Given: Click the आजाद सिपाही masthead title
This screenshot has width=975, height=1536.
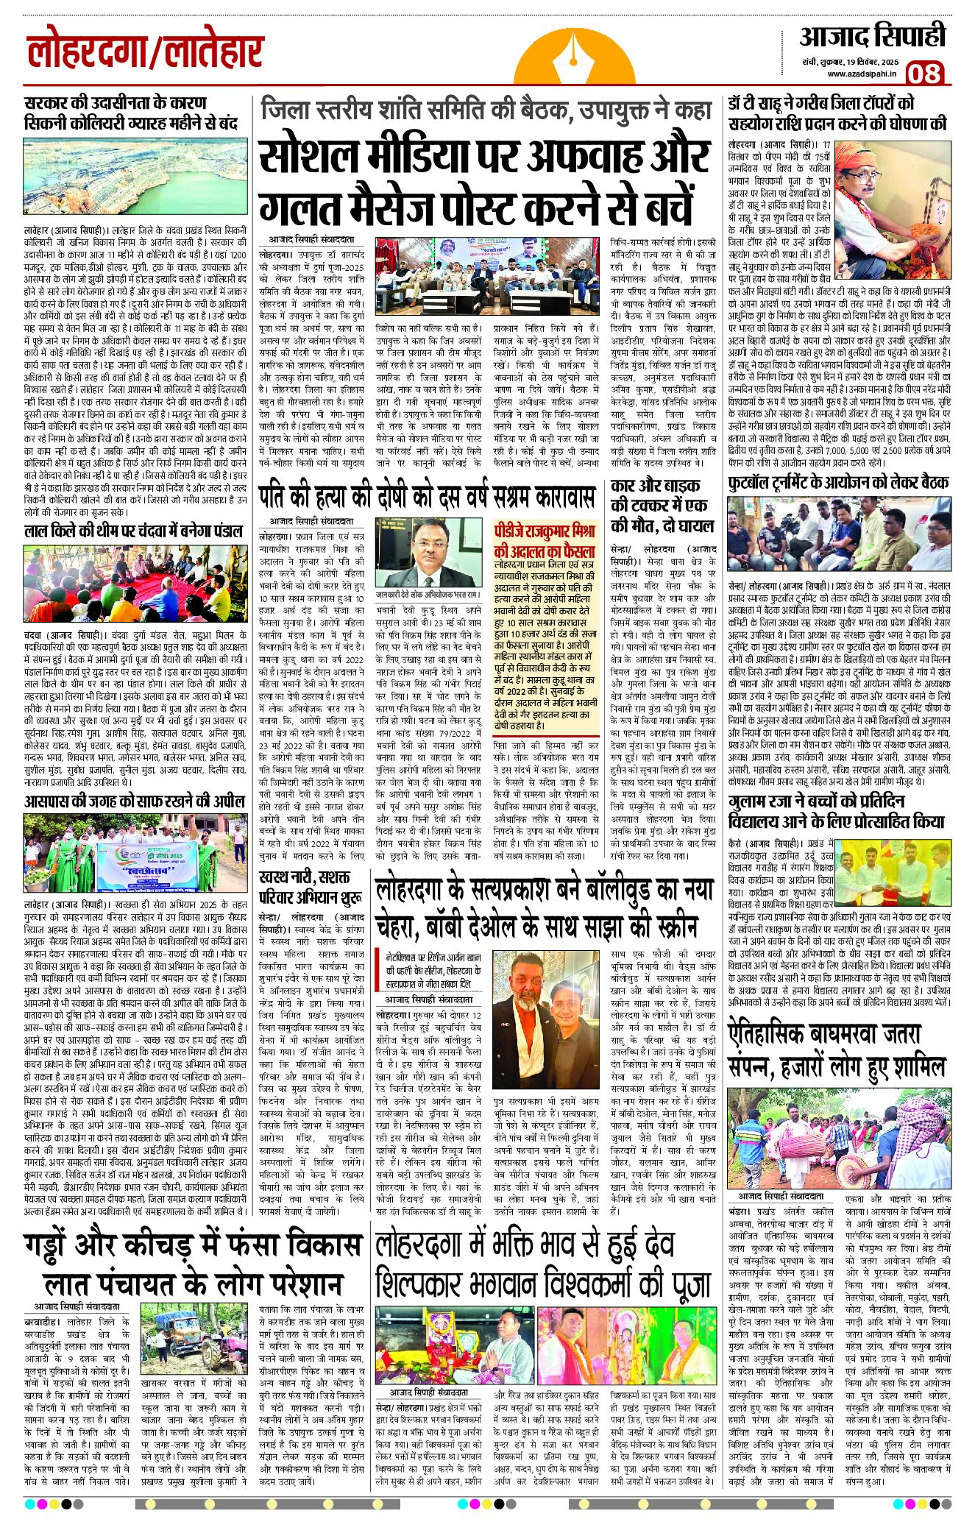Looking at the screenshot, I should (873, 37).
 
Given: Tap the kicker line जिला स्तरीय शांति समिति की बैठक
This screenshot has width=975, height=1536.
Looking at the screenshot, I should (486, 110).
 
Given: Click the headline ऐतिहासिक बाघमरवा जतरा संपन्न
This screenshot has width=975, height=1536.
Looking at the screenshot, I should (835, 1048).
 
